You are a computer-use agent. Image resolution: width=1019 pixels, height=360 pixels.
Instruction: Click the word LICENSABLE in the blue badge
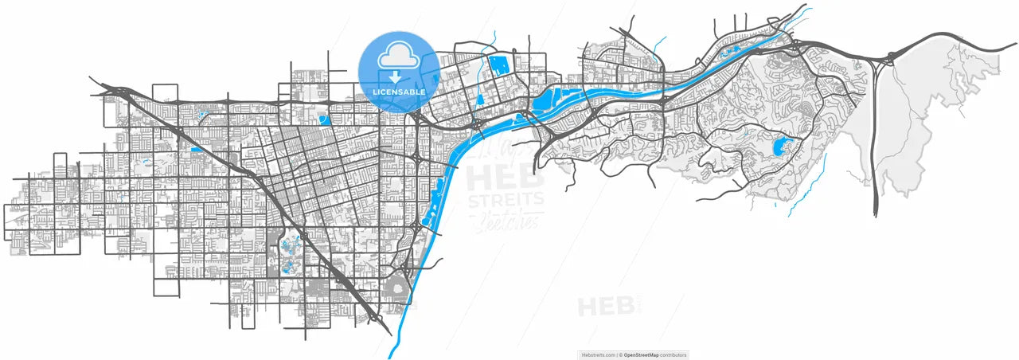398,92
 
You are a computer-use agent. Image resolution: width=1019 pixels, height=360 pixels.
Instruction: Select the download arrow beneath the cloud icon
395,76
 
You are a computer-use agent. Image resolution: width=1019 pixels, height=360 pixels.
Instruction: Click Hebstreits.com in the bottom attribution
598,355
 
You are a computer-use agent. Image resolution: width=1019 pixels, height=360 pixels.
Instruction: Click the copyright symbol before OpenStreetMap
621,355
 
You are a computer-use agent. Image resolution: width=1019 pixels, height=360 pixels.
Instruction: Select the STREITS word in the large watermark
506,199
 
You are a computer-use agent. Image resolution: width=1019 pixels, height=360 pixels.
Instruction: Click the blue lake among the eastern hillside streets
781,147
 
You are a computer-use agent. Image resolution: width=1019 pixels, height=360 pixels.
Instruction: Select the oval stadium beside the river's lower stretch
395,288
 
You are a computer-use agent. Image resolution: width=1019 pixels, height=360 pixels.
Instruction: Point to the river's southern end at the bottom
390,355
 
